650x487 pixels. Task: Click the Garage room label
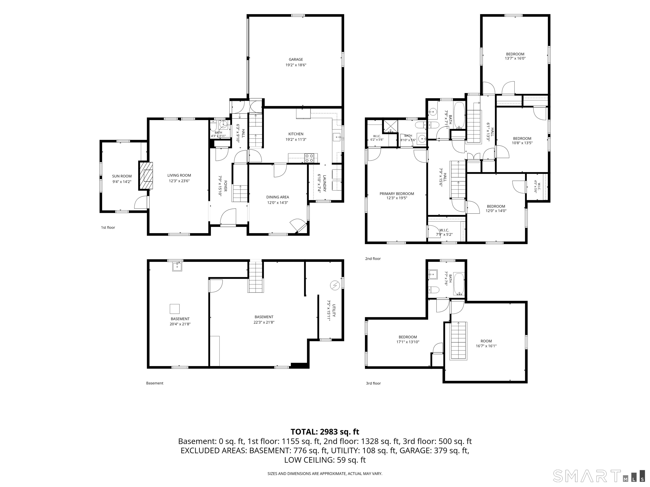coord(296,60)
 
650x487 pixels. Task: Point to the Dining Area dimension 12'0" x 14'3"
coord(278,202)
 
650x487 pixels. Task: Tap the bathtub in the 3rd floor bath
coord(459,284)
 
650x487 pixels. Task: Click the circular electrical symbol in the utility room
coord(334,285)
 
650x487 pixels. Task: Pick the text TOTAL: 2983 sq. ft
coord(325,432)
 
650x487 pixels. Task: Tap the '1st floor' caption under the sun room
coord(108,227)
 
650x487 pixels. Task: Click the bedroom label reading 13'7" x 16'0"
coord(515,58)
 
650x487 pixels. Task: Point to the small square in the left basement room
coord(175,309)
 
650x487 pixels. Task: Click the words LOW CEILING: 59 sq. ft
coord(325,460)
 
